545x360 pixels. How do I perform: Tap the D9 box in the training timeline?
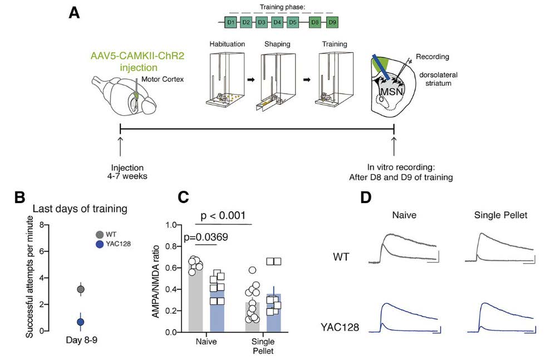pos(332,22)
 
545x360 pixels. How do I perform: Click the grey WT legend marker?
pos(99,235)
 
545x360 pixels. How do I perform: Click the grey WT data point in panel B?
pos(81,289)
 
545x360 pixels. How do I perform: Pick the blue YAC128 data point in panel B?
pos(81,322)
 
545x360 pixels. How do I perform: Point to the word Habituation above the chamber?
pos(224,43)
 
